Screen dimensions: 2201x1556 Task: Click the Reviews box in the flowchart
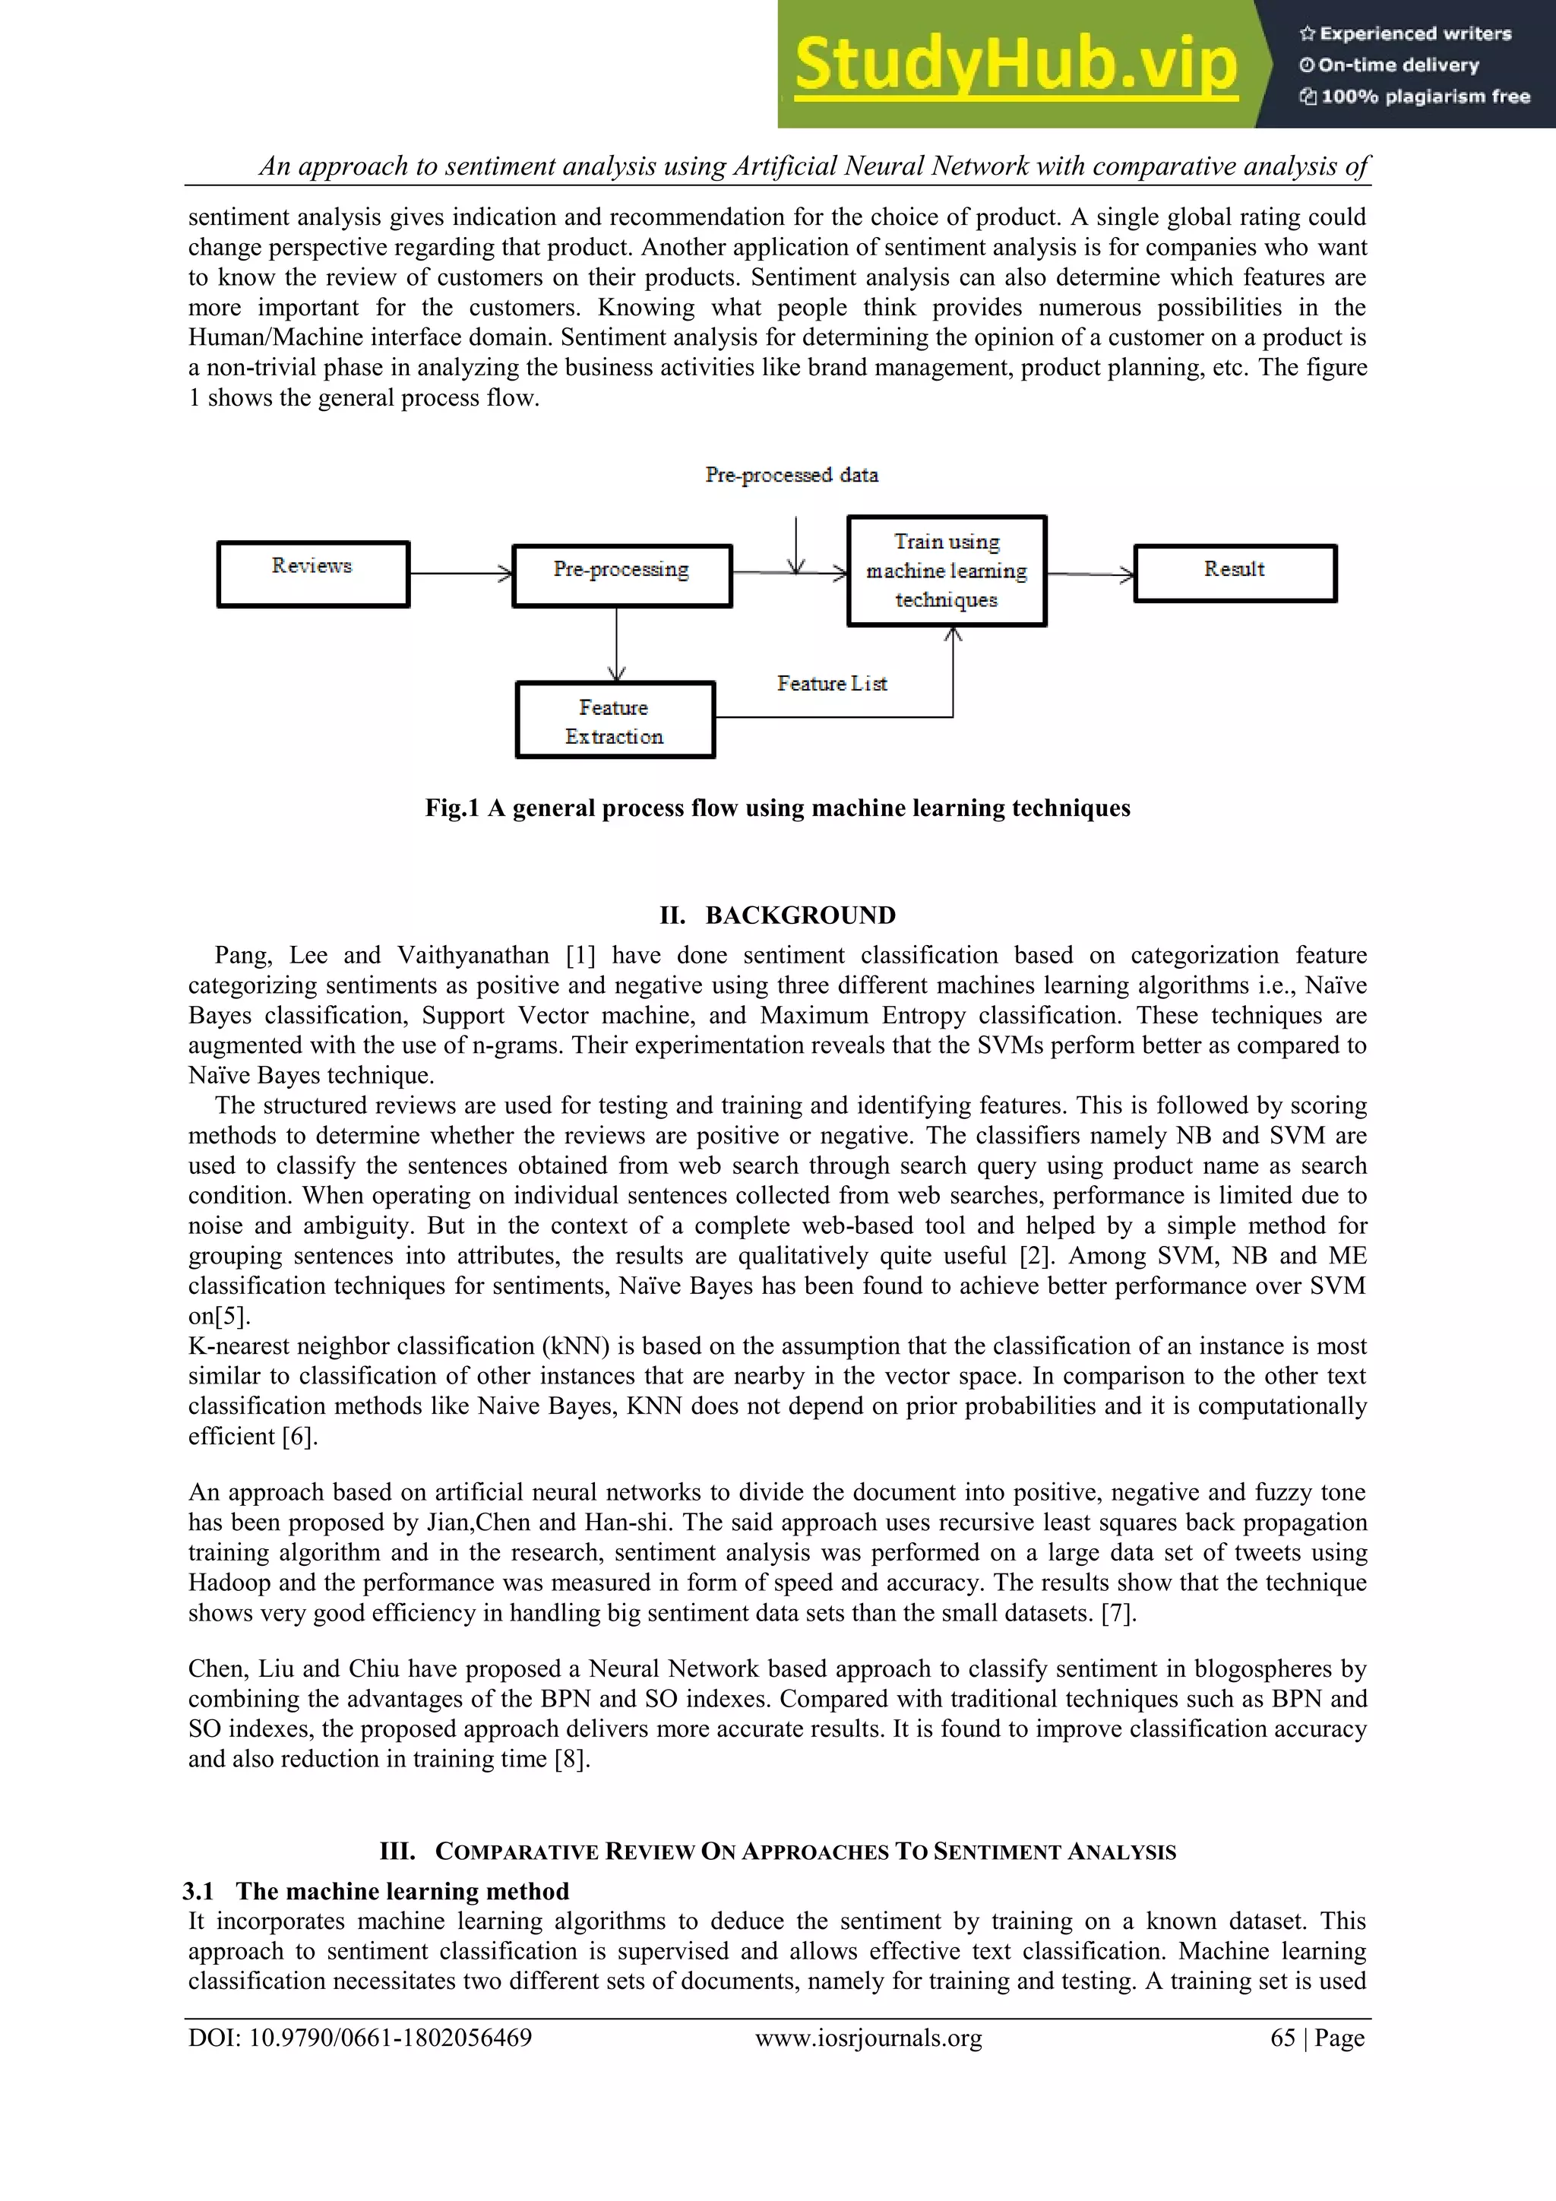tap(312, 574)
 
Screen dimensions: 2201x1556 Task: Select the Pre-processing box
tap(621, 575)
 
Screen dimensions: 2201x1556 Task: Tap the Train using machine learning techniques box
tap(946, 571)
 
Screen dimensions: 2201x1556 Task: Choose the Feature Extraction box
tap(615, 720)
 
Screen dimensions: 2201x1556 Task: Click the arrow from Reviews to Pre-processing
tap(461, 574)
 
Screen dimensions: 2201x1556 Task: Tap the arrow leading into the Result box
tap(1090, 574)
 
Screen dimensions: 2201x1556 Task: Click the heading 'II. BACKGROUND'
tap(777, 916)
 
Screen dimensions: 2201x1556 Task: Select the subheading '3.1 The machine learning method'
tap(376, 1890)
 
